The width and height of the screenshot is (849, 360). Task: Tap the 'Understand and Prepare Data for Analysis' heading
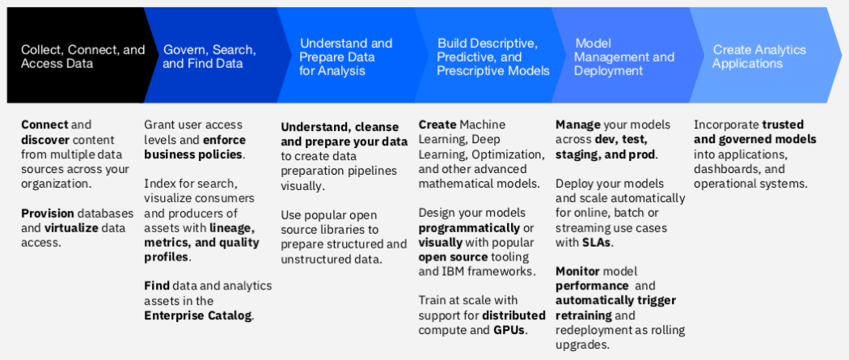[345, 57]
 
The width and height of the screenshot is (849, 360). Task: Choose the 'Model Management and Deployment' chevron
[623, 57]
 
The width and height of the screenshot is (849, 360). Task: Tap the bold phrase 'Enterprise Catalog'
[198, 316]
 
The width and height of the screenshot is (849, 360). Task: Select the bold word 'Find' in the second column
[157, 286]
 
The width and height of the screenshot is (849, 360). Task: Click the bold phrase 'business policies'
[194, 154]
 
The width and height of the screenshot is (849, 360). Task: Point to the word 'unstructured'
[315, 259]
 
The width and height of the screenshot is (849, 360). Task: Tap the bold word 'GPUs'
[509, 330]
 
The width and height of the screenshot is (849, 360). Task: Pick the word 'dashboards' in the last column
[727, 169]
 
